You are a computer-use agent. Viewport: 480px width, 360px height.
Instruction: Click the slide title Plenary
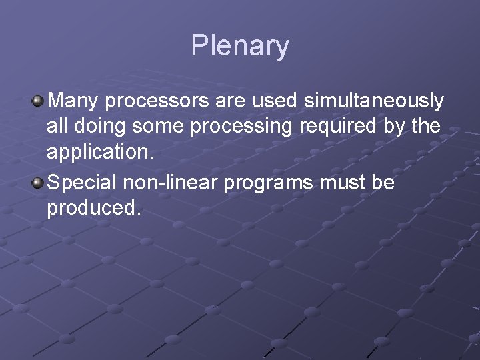coord(240,46)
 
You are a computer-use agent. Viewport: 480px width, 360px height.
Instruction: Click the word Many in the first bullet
coord(74,101)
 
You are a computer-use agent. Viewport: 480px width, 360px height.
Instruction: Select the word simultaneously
coord(373,101)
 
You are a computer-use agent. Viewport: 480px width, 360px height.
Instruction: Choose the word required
coord(333,127)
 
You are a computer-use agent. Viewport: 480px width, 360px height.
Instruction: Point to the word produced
coord(93,207)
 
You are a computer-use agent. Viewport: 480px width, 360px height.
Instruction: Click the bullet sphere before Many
coord(39,101)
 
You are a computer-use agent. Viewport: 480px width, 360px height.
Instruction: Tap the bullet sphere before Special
coord(39,183)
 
